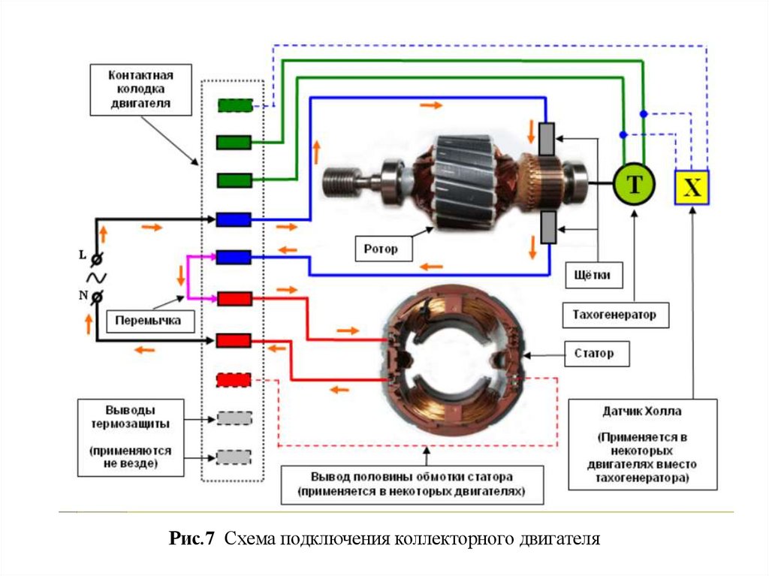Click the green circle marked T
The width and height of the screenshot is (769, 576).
coord(634,185)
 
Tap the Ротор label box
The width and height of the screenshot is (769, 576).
coord(384,248)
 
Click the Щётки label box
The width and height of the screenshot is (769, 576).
coord(594,275)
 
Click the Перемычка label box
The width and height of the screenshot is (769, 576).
coord(148,320)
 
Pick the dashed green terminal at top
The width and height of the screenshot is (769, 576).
coord(234,106)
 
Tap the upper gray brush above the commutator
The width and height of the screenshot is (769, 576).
coord(547,138)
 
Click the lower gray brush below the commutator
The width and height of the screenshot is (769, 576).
coord(547,228)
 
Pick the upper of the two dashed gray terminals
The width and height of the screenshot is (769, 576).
coord(234,418)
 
